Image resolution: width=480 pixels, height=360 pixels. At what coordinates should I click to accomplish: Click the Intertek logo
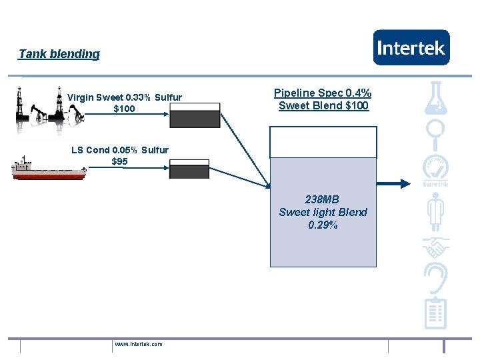(x=411, y=47)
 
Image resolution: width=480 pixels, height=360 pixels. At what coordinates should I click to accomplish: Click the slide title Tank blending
(x=59, y=54)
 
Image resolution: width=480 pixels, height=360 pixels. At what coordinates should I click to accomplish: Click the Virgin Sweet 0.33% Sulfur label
(x=125, y=97)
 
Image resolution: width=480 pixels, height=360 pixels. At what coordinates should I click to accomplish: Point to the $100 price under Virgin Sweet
(x=124, y=109)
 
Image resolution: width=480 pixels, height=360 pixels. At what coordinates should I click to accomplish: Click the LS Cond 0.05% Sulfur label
(x=120, y=150)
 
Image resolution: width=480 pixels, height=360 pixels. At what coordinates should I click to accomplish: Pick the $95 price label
(x=120, y=161)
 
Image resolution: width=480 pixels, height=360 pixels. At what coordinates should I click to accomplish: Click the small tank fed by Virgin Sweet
(x=195, y=116)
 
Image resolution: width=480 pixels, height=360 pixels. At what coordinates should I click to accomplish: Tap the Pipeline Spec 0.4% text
(x=323, y=93)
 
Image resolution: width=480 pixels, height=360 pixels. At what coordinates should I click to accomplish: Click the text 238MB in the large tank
(x=323, y=199)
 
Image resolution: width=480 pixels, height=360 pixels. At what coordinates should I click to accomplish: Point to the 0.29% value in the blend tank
(x=323, y=225)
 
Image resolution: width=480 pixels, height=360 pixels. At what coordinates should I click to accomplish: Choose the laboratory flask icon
(x=437, y=97)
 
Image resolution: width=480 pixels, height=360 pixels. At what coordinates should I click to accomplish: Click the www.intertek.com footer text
(x=139, y=344)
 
